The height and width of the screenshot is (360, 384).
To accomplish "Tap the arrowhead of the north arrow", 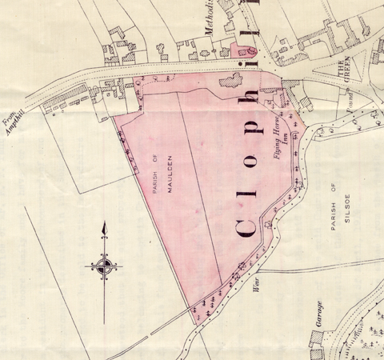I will click(104, 229).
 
